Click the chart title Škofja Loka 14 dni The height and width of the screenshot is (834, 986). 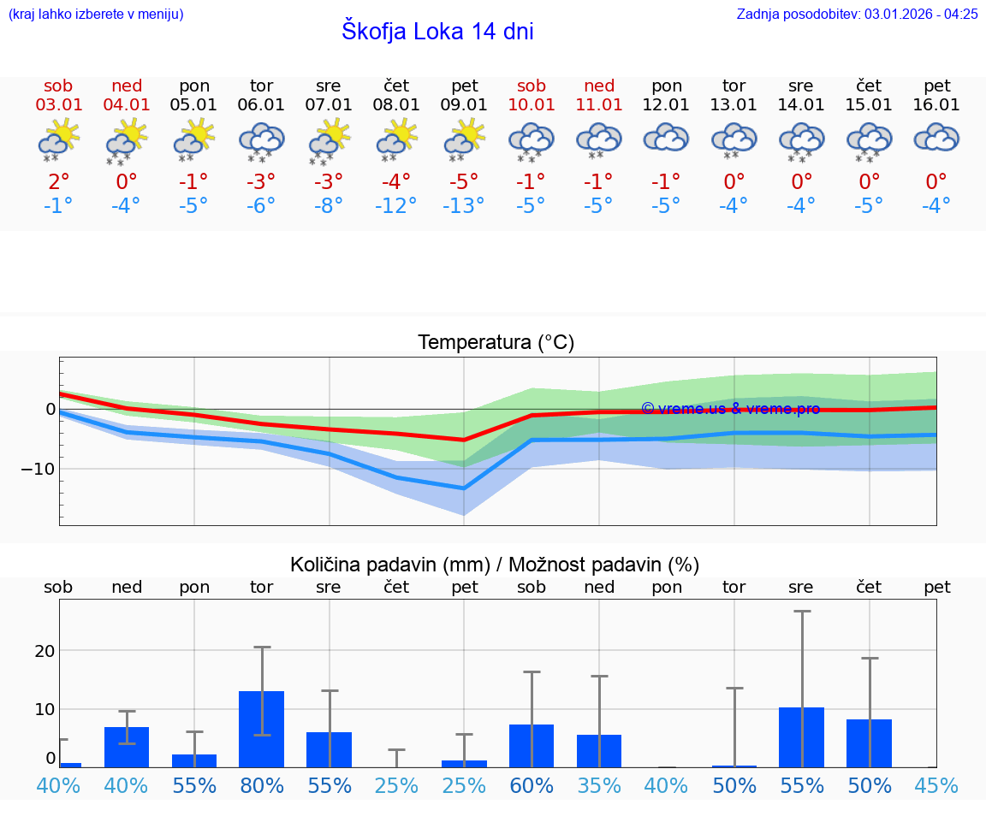tap(437, 32)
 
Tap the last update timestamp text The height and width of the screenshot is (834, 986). tap(857, 14)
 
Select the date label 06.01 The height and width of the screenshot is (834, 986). tap(261, 105)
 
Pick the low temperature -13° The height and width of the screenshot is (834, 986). tap(463, 205)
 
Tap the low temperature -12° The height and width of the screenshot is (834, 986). tap(395, 205)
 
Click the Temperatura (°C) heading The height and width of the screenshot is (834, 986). tap(496, 343)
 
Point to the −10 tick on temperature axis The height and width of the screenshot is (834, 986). tap(39, 469)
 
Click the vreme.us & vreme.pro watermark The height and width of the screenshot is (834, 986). tap(730, 409)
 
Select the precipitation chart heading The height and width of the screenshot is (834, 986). tap(495, 565)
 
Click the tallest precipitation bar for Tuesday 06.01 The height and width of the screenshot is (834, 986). tap(261, 729)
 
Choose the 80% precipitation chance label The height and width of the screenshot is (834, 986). tap(261, 785)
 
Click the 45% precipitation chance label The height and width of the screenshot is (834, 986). tap(936, 785)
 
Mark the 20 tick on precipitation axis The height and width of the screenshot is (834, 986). tap(45, 650)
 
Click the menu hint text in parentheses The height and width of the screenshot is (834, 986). tap(96, 14)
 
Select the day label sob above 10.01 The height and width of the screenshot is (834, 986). tap(531, 86)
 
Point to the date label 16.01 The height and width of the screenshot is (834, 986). tap(936, 105)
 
